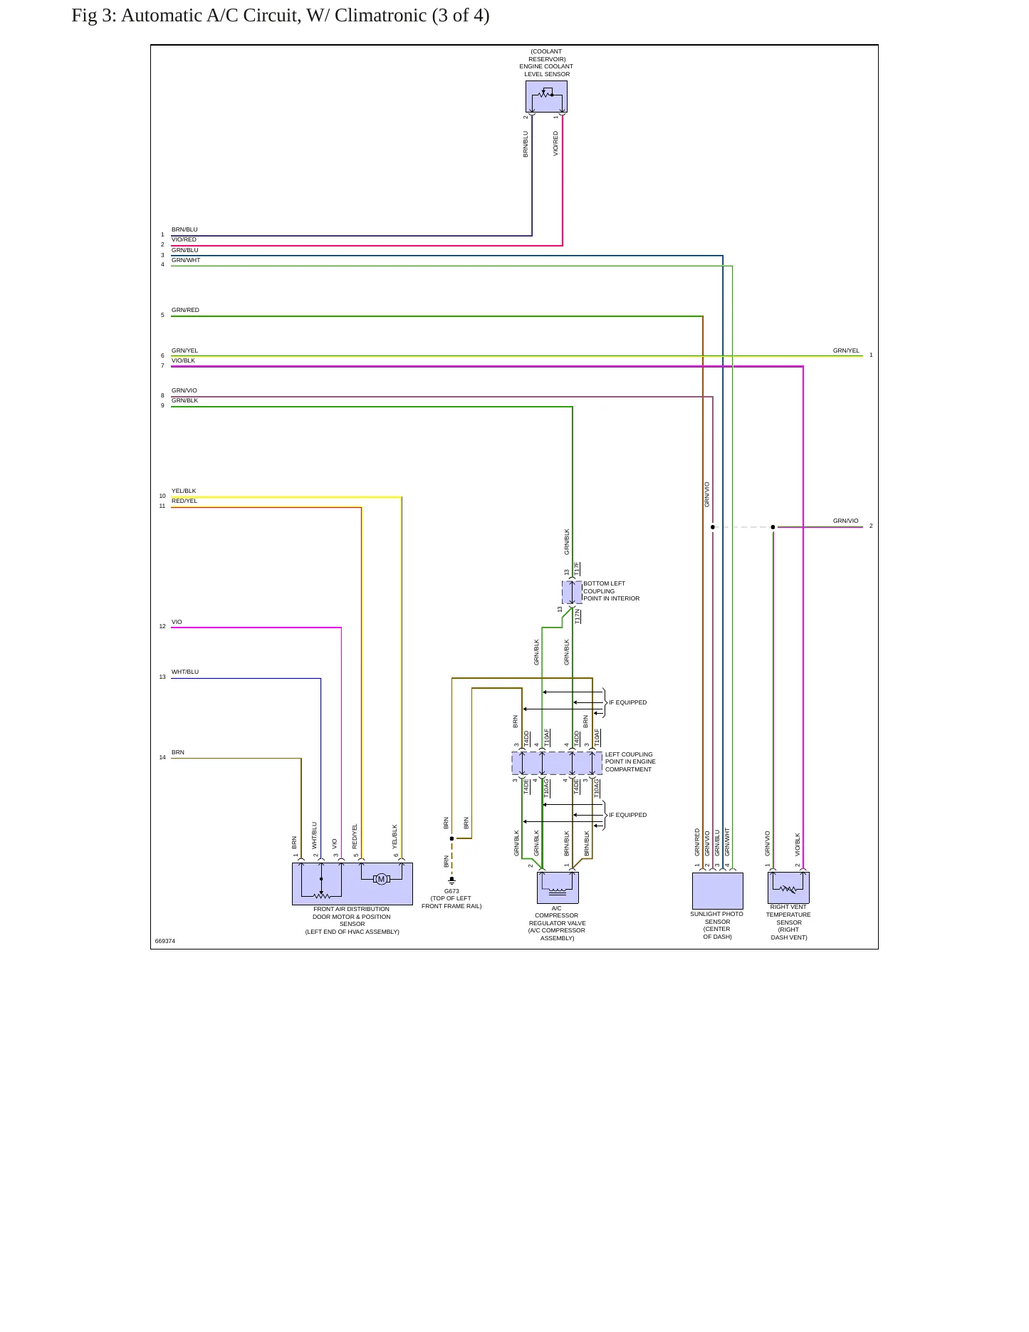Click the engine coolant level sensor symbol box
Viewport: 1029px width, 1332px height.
coord(546,96)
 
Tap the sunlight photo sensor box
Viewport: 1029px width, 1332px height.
coord(718,890)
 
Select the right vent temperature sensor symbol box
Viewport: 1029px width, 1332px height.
coord(788,888)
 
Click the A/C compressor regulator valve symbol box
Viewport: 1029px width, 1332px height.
coord(558,888)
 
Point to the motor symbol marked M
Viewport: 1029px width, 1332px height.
coord(381,879)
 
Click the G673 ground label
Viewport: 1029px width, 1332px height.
coord(451,891)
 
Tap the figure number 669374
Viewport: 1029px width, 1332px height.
coord(165,941)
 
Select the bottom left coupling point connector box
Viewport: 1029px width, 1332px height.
coord(572,592)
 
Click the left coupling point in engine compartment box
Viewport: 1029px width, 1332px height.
coord(557,763)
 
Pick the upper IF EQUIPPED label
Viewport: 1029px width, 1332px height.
coord(627,702)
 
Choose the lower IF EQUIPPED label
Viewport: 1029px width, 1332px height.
coord(627,815)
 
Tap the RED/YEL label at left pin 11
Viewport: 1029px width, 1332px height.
coord(184,501)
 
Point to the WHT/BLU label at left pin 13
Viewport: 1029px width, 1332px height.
coord(185,672)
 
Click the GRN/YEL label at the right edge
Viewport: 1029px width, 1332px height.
coord(846,350)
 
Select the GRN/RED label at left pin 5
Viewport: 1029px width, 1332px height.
coord(185,310)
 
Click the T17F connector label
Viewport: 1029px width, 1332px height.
coord(577,568)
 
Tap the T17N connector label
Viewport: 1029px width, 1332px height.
coord(578,616)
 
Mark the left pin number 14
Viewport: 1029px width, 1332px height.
coord(162,757)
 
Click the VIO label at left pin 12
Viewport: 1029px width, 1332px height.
coord(177,622)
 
